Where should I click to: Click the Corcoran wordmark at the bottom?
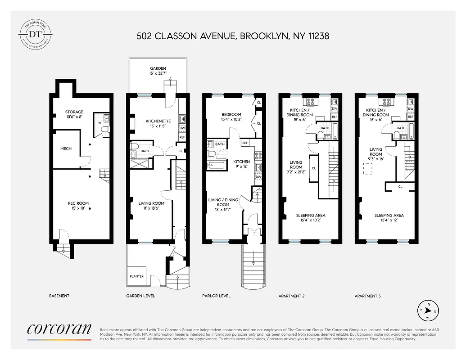point(59,331)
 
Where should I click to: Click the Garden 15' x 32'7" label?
point(158,71)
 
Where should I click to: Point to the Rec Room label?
point(78,206)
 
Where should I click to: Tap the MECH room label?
point(66,148)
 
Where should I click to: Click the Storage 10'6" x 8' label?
point(74,114)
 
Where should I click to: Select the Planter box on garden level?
point(137,276)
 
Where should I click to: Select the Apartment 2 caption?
point(291,296)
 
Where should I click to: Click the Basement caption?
point(59,296)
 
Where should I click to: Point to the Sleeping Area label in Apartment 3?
point(389,218)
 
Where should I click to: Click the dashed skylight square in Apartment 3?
point(368,169)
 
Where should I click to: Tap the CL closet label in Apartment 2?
point(313,168)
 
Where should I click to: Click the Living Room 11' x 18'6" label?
point(151,206)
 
